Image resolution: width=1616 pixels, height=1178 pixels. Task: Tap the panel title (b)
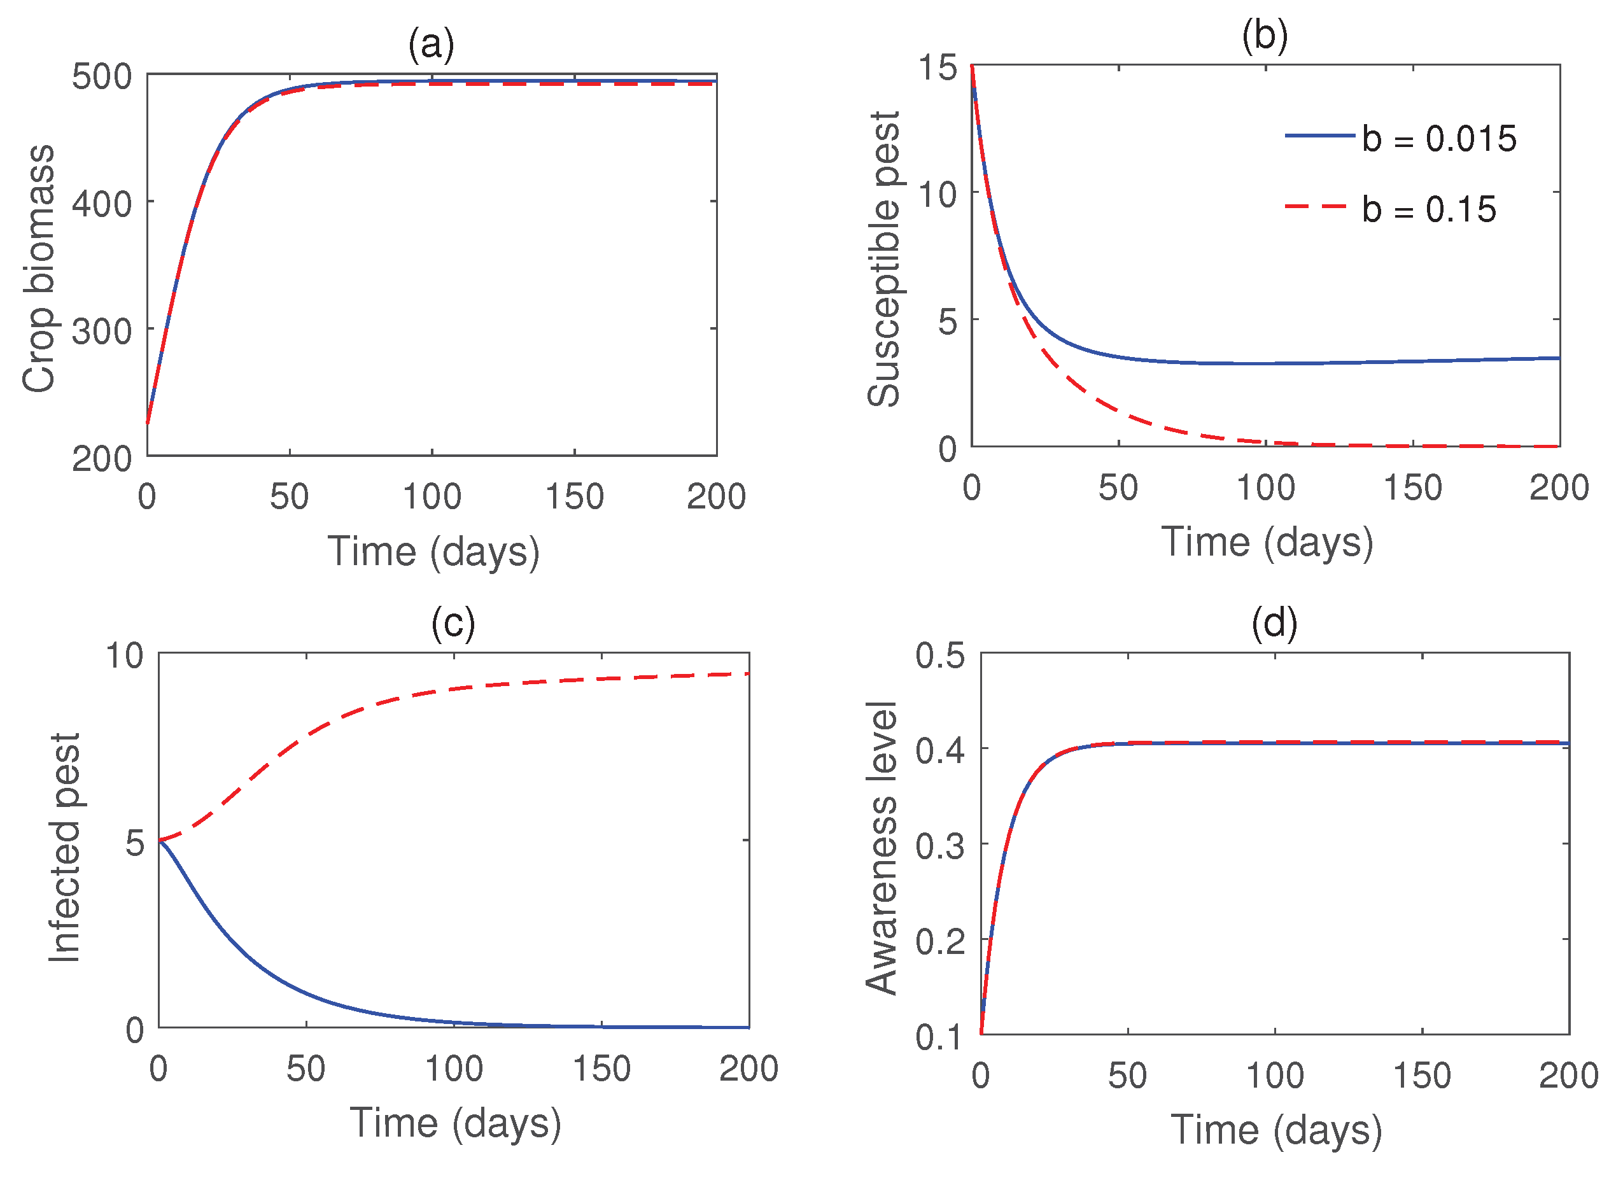point(1265,35)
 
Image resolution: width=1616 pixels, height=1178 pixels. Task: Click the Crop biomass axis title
point(39,268)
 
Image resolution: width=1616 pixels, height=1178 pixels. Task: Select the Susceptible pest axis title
point(883,260)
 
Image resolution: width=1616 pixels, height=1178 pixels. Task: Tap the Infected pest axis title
point(65,847)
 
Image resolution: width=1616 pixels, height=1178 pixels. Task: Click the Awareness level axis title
point(882,848)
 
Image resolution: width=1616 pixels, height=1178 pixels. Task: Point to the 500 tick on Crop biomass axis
point(102,76)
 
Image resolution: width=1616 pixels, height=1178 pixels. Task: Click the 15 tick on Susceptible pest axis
point(937,67)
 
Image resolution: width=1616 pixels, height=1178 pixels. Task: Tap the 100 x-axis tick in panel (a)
point(432,496)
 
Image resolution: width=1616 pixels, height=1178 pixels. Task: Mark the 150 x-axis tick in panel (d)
point(1421,1076)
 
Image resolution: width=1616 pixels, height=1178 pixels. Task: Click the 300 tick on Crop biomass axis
point(102,331)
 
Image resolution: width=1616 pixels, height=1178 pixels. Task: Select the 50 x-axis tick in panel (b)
point(1118,487)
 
